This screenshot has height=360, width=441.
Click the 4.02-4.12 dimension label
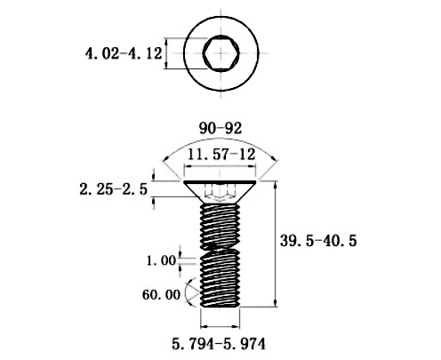(124, 53)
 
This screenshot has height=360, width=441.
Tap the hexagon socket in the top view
(220, 53)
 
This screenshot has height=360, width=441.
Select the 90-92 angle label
(220, 128)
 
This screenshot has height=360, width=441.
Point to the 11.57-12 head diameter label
(221, 154)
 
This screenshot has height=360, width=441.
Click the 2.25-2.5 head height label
(113, 189)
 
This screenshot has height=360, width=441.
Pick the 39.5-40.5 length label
(318, 241)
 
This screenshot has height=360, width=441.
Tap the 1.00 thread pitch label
(162, 260)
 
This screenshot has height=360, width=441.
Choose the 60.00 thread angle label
(161, 295)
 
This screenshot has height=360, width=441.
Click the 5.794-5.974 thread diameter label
(219, 344)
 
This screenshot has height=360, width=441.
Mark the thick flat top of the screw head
(220, 181)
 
